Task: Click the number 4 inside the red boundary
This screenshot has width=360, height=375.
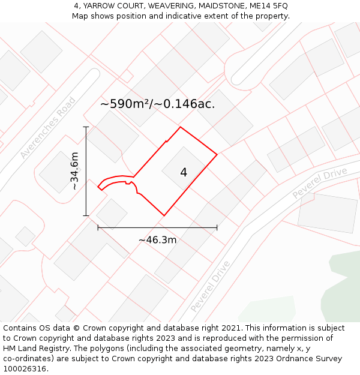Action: pyautogui.click(x=184, y=173)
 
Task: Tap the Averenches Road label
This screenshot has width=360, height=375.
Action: pyautogui.click(x=48, y=128)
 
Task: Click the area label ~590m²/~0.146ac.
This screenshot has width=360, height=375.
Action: pyautogui.click(x=157, y=104)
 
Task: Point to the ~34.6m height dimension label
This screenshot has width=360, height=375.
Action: pyautogui.click(x=74, y=171)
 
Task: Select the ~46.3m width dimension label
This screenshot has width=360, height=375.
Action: pyautogui.click(x=157, y=240)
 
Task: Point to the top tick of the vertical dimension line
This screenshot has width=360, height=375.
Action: pyautogui.click(x=86, y=127)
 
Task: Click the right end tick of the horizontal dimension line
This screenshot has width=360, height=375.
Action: pyautogui.click(x=217, y=228)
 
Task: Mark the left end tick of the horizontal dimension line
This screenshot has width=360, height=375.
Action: pyautogui.click(x=98, y=228)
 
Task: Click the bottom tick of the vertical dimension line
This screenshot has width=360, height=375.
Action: pyautogui.click(x=86, y=215)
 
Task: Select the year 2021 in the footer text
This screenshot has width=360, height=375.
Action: pyautogui.click(x=230, y=328)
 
